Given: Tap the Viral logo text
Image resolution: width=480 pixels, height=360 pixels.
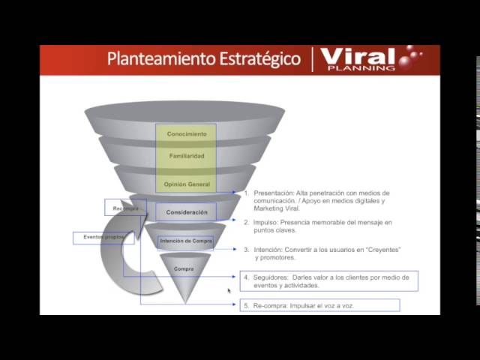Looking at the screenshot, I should coord(357,56).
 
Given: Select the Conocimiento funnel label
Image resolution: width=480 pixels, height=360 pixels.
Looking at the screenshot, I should coord(187,134).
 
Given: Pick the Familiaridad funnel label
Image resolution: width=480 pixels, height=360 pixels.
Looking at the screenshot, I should coord(187,157).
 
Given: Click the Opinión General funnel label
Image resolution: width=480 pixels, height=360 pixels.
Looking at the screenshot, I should coord(187,184).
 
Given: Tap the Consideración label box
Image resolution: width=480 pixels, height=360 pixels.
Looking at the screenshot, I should coord(186,212).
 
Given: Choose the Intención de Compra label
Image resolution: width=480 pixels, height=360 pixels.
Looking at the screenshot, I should coord(186,241).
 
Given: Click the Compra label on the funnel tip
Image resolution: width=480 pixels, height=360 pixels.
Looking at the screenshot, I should coord(184,268).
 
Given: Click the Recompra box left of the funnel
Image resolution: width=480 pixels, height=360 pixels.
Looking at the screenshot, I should coord(125,208).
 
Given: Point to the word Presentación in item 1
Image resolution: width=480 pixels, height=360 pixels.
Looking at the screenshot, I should coord(274,193).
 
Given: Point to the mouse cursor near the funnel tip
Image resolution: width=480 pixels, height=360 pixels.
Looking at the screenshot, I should coord(229,290).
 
